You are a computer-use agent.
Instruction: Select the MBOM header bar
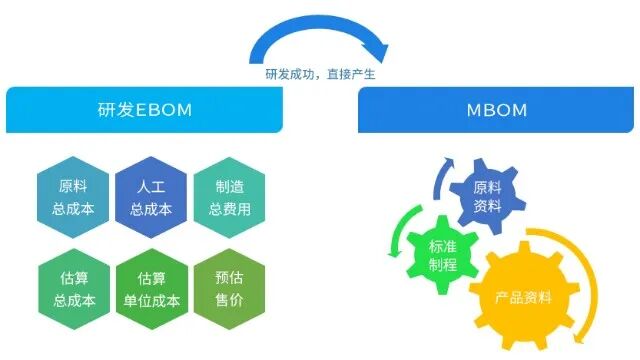(498, 107)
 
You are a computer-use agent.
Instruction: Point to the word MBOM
(498, 107)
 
